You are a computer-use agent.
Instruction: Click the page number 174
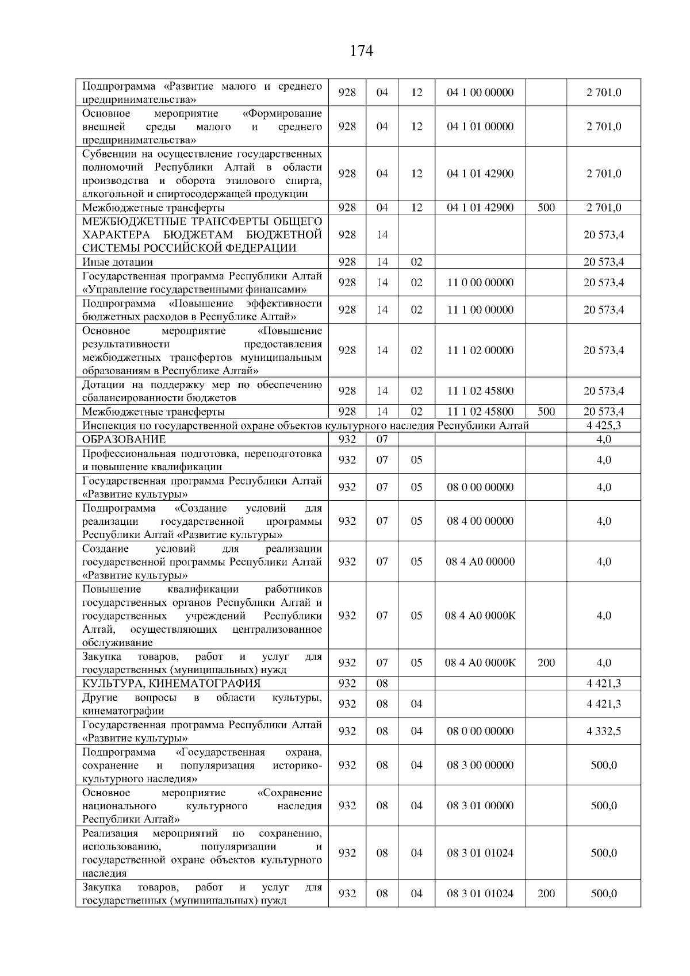[x=362, y=51]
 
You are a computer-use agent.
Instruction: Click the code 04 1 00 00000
[x=480, y=93]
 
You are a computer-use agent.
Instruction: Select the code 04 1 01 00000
[x=480, y=126]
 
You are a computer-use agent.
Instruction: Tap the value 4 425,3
[x=603, y=426]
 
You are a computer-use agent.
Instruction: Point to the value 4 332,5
[x=603, y=731]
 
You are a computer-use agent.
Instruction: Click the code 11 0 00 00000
[x=480, y=283]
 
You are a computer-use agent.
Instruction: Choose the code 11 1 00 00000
[x=480, y=310]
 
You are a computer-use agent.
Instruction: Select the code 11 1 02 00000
[x=480, y=351]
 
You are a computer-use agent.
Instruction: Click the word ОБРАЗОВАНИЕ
[x=124, y=440]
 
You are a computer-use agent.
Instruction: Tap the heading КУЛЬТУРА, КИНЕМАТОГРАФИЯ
[x=171, y=683]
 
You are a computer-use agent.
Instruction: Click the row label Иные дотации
[x=118, y=263]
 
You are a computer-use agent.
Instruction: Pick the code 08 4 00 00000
[x=480, y=521]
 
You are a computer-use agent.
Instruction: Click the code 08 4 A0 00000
[x=480, y=562]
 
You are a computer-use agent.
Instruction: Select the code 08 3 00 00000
[x=480, y=765]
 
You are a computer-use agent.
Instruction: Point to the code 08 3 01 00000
[x=480, y=806]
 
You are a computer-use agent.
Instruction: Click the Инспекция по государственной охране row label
[x=305, y=426]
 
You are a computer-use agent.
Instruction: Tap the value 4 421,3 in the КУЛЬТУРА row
[x=603, y=683]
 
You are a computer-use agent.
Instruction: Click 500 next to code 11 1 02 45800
[x=546, y=412]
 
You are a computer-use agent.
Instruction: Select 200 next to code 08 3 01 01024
[x=546, y=894]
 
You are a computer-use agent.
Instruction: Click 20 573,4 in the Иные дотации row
[x=603, y=263]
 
